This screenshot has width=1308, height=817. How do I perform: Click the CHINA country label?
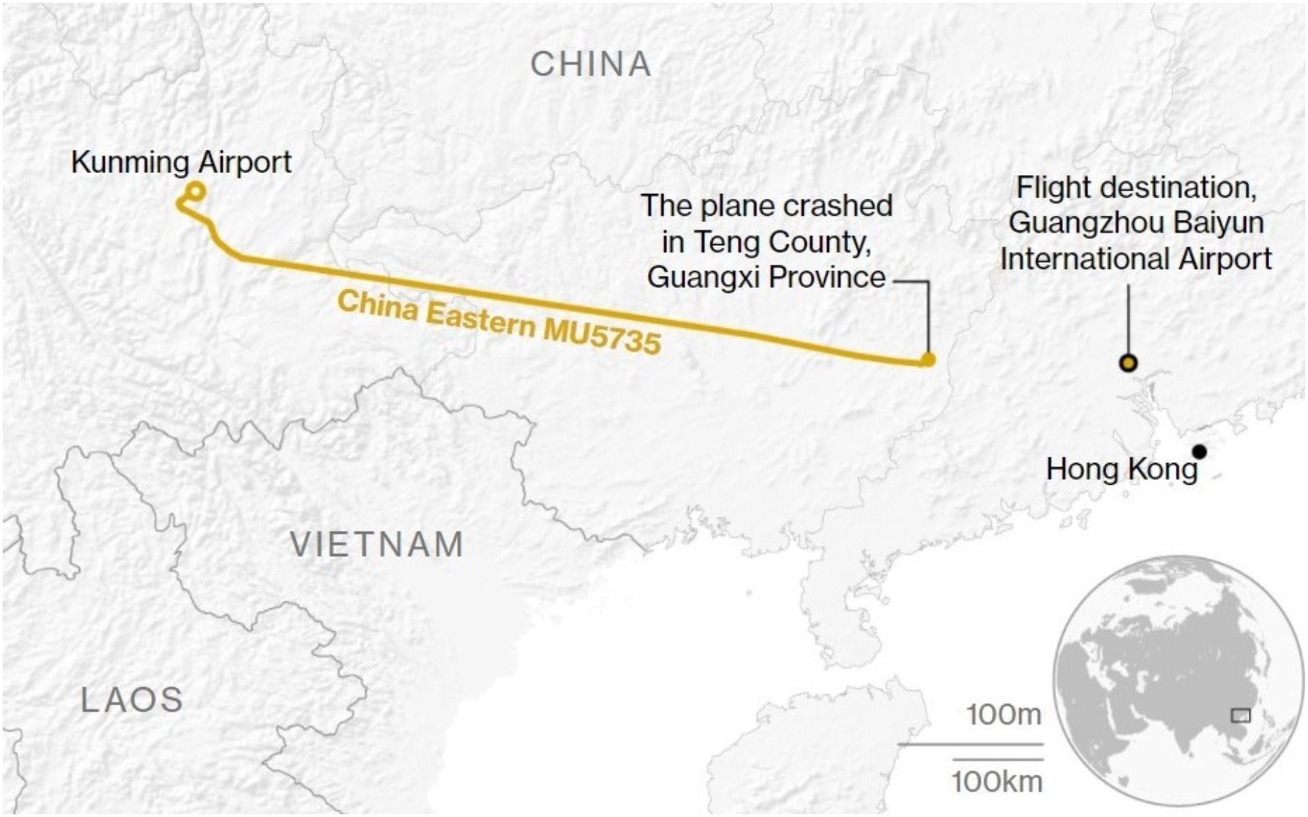tap(591, 65)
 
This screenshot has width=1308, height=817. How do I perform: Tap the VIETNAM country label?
tap(377, 545)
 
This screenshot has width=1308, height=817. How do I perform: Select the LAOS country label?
tap(132, 700)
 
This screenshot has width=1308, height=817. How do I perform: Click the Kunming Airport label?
tap(181, 163)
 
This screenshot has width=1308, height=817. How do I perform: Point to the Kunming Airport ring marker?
tap(196, 191)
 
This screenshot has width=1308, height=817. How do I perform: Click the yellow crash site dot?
tap(927, 359)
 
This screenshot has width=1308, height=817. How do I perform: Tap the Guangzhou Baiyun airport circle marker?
tap(1129, 364)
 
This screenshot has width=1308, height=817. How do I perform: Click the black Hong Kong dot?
tap(1200, 451)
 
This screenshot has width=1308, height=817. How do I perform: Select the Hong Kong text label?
tap(1121, 469)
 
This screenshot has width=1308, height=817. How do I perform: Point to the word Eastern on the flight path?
tap(480, 317)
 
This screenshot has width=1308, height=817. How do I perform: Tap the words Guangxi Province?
tap(766, 277)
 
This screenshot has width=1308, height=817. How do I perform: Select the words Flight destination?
tap(1136, 188)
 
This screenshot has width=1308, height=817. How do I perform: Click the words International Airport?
tap(1136, 259)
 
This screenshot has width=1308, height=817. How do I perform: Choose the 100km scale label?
tap(997, 782)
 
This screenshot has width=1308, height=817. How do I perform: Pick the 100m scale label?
tap(1004, 715)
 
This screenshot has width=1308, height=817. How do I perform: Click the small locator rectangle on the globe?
tap(1241, 715)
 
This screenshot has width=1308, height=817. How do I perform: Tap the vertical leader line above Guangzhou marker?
tap(1129, 320)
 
